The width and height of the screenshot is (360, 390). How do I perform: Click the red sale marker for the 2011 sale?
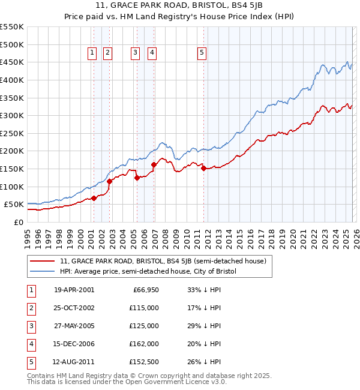[203, 169]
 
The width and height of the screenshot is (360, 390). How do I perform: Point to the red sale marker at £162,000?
[154, 164]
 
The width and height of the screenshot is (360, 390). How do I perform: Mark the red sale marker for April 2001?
[94, 199]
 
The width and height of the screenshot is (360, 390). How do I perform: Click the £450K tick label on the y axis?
[12, 62]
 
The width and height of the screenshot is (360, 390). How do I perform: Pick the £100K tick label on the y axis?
[12, 187]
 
